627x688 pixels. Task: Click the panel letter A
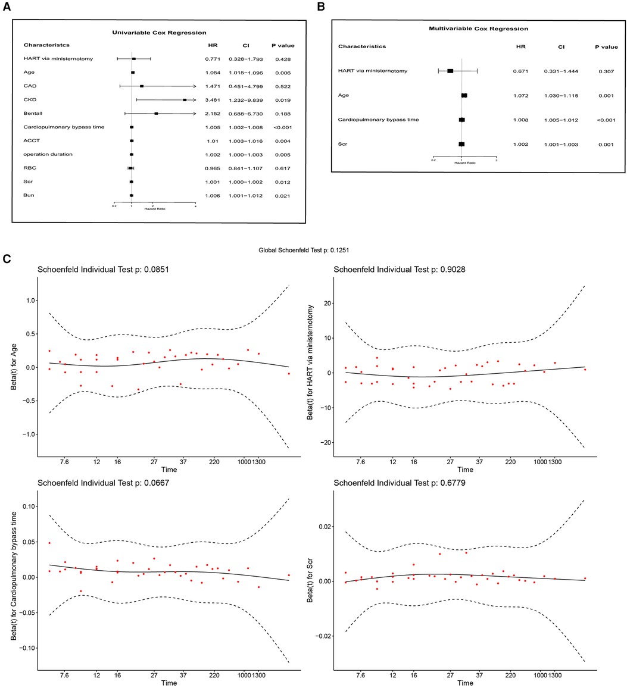(x=7, y=7)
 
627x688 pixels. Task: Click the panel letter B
(x=322, y=7)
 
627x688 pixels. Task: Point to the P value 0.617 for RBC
(x=282, y=168)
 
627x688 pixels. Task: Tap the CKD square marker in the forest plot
(x=185, y=100)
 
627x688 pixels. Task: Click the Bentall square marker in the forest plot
(x=156, y=114)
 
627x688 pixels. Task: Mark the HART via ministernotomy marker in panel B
(x=450, y=71)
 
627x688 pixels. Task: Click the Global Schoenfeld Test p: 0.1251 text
(x=313, y=251)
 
